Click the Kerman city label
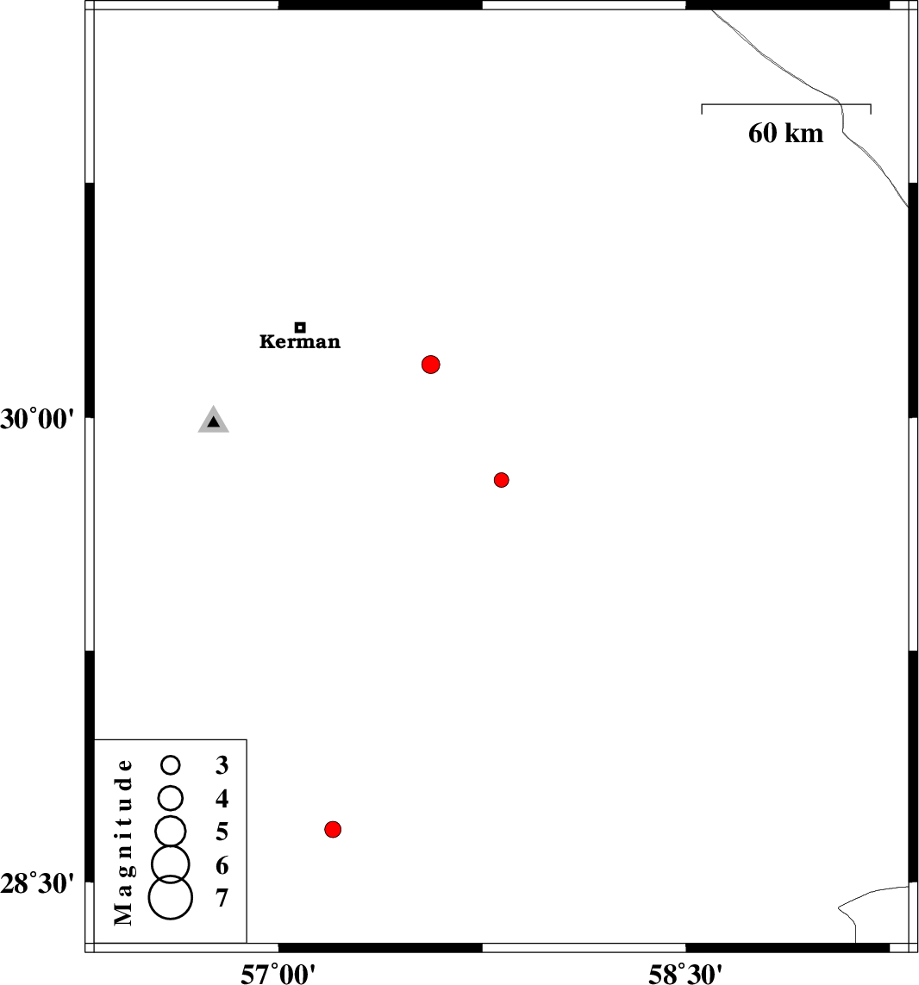pos(300,342)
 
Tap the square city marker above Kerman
pos(301,327)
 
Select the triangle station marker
pos(214,420)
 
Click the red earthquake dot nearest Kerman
pos(430,365)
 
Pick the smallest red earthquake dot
pos(501,480)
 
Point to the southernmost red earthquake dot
pos(333,829)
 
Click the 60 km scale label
pos(785,134)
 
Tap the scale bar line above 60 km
pos(786,104)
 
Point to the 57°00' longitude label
pos(278,975)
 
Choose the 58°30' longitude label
pos(685,975)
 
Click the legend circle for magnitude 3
pos(171,764)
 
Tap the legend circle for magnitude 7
pos(171,898)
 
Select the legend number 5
pos(222,832)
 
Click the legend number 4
pos(222,799)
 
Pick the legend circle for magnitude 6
pos(171,864)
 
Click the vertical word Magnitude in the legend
pos(124,842)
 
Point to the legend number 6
pos(222,865)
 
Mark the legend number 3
pos(222,765)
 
